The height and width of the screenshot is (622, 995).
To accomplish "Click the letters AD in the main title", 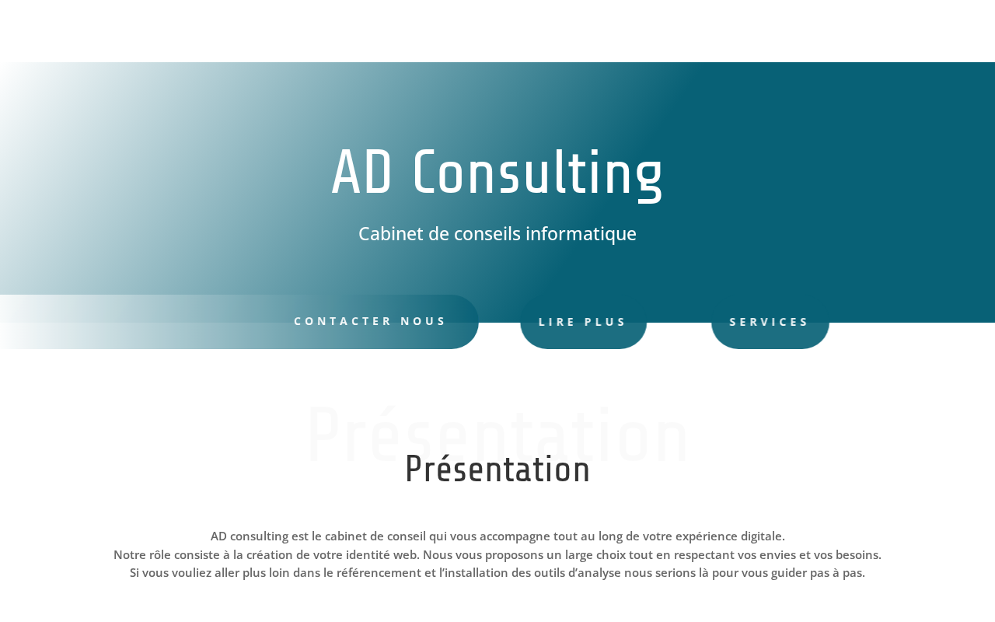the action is click(x=361, y=172).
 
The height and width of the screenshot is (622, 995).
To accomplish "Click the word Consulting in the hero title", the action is click(x=538, y=176).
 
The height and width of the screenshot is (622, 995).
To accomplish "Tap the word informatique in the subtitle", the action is click(x=581, y=234).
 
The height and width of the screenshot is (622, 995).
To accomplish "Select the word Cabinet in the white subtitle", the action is click(x=390, y=234).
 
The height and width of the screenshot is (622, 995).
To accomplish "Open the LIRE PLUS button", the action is click(x=583, y=322).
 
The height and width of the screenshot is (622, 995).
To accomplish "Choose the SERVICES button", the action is click(x=770, y=322).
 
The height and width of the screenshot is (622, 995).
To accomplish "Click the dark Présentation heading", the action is click(x=497, y=469).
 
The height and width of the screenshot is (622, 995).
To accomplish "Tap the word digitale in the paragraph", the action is click(x=763, y=536).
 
